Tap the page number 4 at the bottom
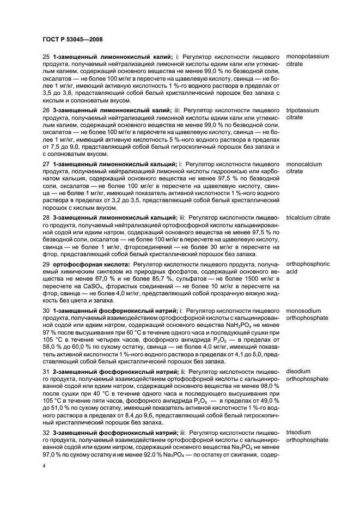pyautogui.click(x=44, y=466)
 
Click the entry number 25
pyautogui.click(x=46, y=57)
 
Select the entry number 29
pyautogui.click(x=46, y=264)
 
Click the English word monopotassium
pyautogui.click(x=309, y=57)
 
